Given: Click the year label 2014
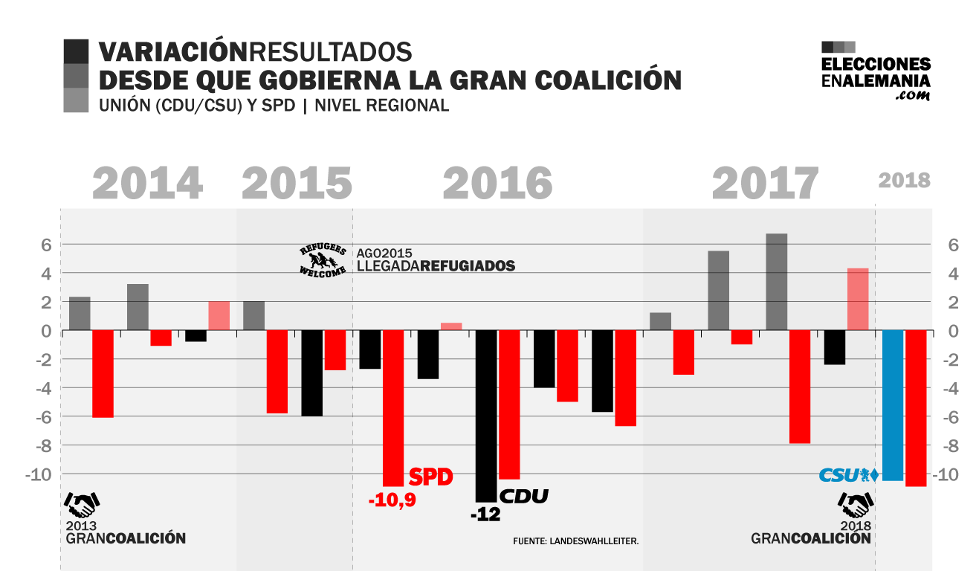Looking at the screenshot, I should (x=148, y=183).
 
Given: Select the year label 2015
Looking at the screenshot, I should (x=297, y=183).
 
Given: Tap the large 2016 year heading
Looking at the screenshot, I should (x=497, y=183).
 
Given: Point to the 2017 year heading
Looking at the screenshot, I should (x=766, y=183).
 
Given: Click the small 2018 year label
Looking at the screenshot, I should (x=904, y=181).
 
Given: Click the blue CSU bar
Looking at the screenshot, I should (x=893, y=405).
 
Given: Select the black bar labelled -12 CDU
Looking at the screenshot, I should (x=486, y=416).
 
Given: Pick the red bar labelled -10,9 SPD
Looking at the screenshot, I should (x=393, y=408).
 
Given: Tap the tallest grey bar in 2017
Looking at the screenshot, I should (x=777, y=282).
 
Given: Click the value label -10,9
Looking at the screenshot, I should (x=392, y=500).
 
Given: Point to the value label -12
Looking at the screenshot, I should (x=485, y=514).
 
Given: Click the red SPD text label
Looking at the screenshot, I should (x=431, y=477).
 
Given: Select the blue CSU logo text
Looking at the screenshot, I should (x=839, y=475).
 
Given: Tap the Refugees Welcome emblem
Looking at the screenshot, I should (x=323, y=259).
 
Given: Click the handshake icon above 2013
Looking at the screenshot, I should (x=82, y=505).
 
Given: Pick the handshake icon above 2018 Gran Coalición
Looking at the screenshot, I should (x=856, y=505).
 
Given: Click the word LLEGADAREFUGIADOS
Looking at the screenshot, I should (x=436, y=265).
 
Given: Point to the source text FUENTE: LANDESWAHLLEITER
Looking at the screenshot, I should (x=575, y=541).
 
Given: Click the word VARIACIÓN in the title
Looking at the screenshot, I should (x=172, y=52).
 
